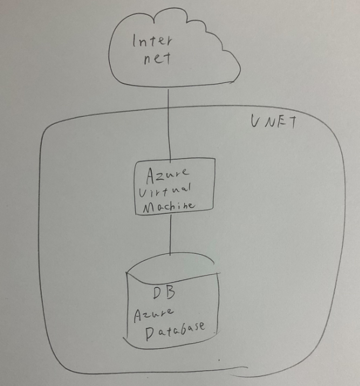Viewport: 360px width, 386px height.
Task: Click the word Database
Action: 175,330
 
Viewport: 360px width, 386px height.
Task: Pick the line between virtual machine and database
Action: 170,235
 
